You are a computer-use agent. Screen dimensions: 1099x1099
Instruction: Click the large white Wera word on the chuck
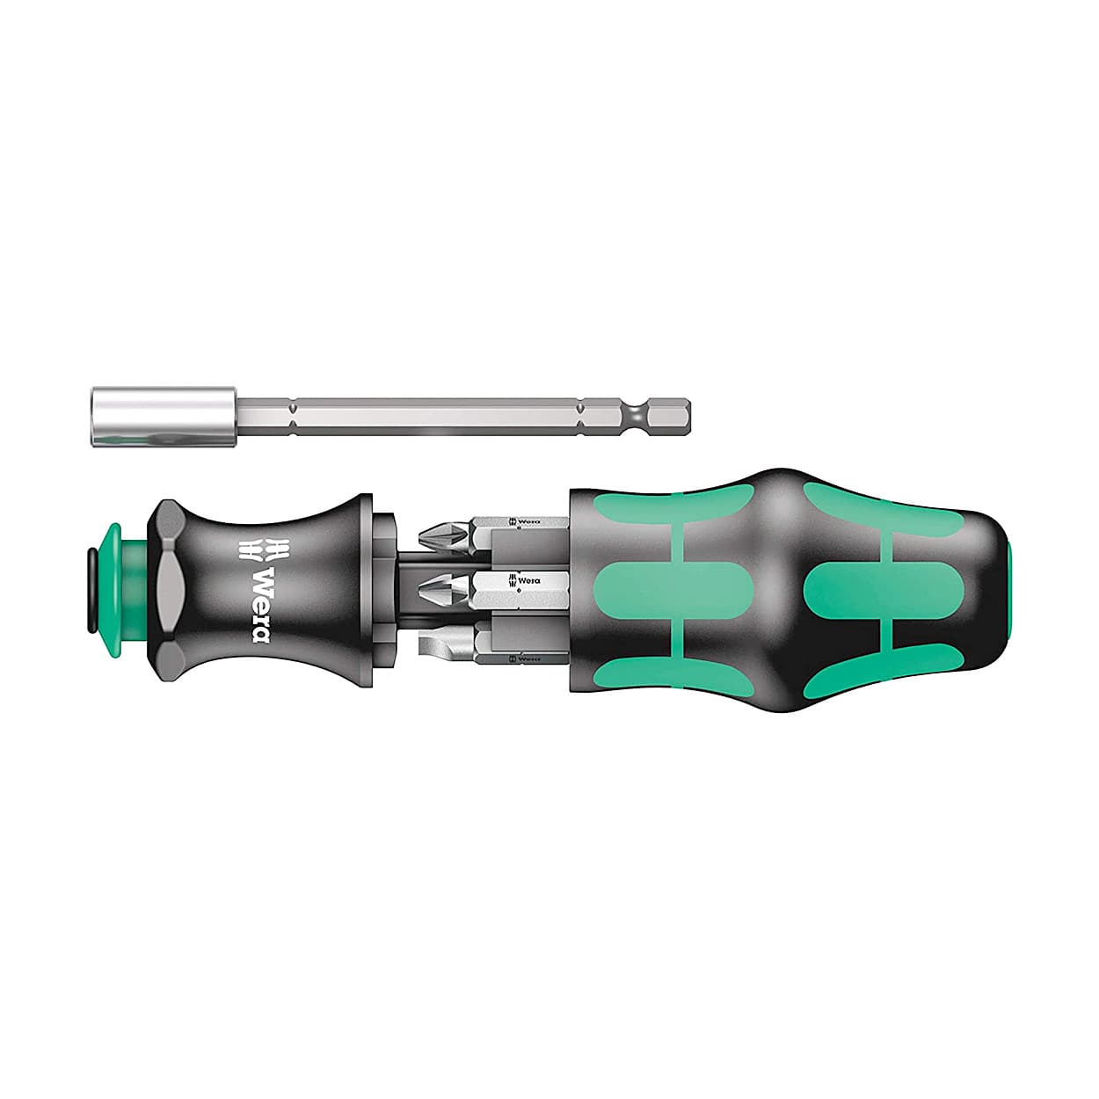click(x=261, y=605)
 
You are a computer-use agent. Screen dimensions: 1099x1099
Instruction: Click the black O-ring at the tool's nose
click(x=91, y=591)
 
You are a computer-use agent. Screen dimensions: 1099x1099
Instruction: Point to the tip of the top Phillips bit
click(x=419, y=535)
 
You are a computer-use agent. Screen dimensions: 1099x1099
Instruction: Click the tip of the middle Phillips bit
click(x=419, y=586)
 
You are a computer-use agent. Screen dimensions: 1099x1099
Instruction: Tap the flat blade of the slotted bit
click(x=446, y=647)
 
